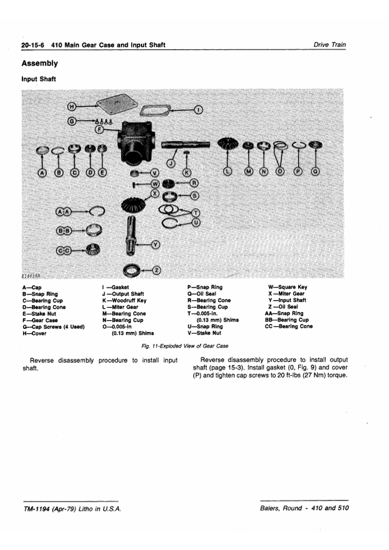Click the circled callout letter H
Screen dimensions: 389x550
(x=71, y=106)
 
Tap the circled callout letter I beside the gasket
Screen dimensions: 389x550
(x=198, y=110)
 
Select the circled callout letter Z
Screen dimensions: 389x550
(x=157, y=271)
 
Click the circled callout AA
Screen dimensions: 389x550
(x=63, y=212)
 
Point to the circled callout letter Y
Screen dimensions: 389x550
(x=156, y=244)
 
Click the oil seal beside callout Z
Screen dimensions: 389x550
(x=133, y=270)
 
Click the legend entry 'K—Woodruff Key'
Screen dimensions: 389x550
(x=124, y=301)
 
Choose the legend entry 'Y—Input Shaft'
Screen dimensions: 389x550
(x=287, y=300)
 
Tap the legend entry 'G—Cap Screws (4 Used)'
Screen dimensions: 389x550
(x=53, y=327)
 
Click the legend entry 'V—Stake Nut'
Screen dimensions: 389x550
(x=204, y=333)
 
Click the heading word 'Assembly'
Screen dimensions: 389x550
(x=39, y=63)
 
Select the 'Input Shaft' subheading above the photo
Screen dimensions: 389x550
(x=39, y=79)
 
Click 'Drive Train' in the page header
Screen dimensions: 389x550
(x=329, y=44)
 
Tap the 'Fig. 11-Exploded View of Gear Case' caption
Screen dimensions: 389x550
(x=185, y=346)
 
